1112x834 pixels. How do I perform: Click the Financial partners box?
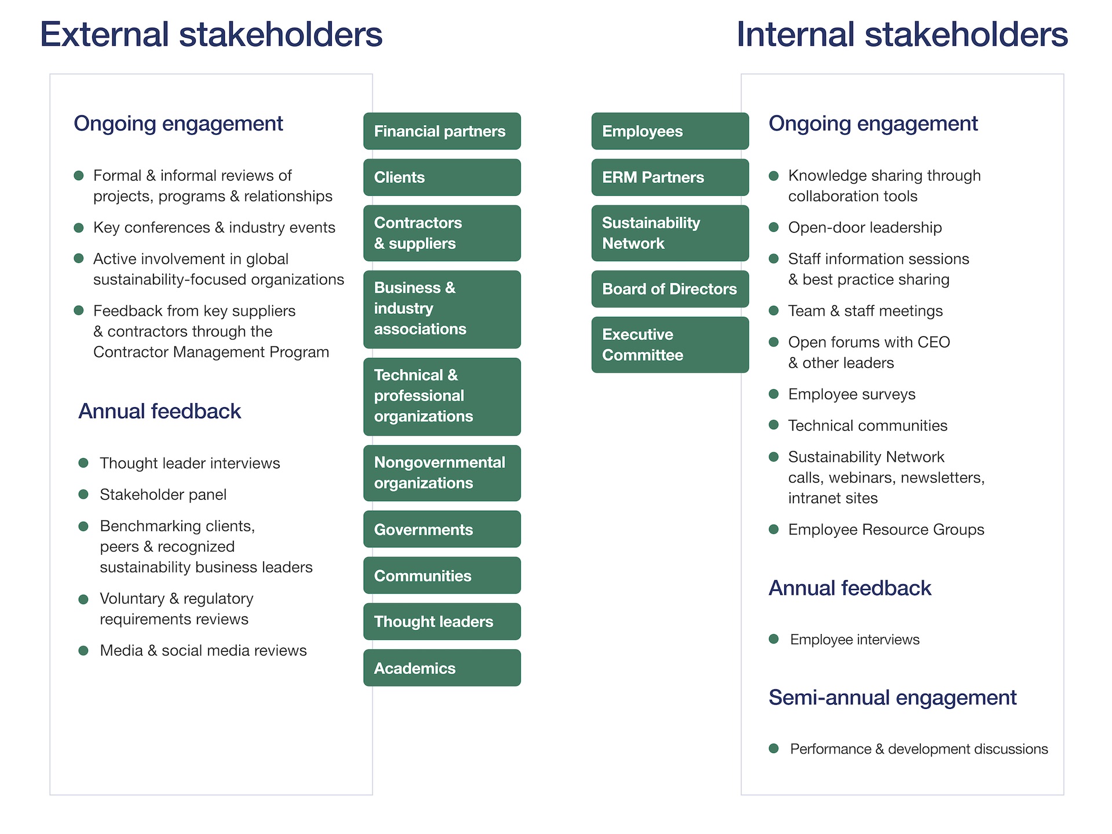click(x=442, y=131)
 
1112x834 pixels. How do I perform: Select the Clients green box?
click(x=442, y=177)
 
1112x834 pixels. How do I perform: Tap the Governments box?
click(x=442, y=529)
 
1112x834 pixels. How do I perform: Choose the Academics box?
click(x=442, y=668)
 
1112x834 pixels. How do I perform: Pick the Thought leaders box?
click(x=442, y=621)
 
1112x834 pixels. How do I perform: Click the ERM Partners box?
click(x=670, y=177)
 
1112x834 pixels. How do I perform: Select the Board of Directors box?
click(x=670, y=289)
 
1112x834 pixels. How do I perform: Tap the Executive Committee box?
click(x=670, y=345)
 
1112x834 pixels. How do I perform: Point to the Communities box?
click(x=442, y=576)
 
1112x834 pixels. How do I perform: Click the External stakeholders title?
click(x=211, y=34)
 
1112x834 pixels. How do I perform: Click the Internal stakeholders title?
click(x=902, y=34)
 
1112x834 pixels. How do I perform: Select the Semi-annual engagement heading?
click(x=892, y=698)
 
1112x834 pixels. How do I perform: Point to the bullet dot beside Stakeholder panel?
click(x=83, y=495)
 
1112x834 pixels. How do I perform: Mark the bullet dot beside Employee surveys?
click(x=774, y=394)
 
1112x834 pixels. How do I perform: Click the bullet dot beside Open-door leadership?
click(x=774, y=227)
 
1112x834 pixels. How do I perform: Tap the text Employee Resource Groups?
click(x=886, y=529)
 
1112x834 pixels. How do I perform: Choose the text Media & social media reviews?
click(x=203, y=650)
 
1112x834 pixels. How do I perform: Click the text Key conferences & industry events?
click(x=214, y=228)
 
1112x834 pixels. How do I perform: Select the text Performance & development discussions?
click(x=919, y=749)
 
